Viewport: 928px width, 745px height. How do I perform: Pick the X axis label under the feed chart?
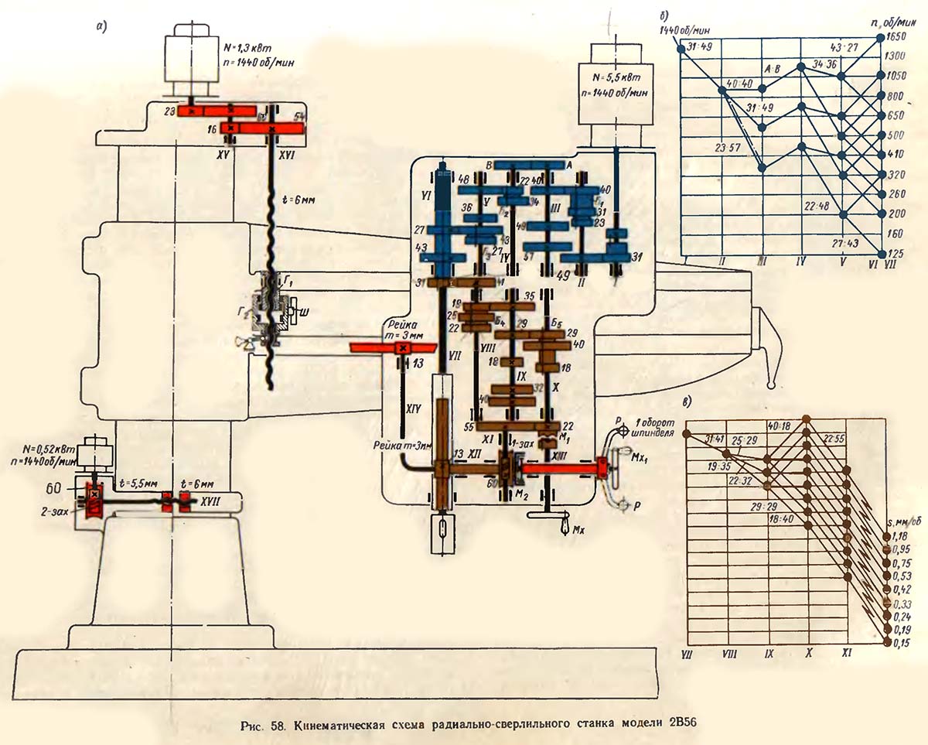click(808, 654)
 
